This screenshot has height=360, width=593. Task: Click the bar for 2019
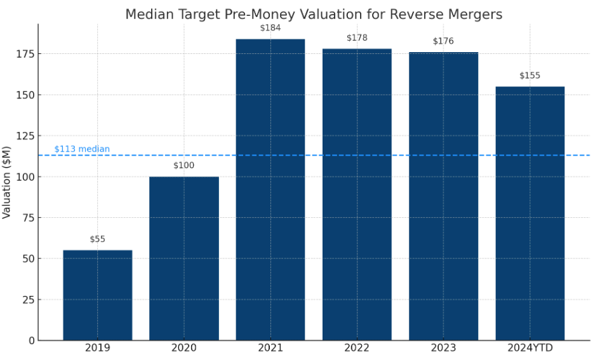97,295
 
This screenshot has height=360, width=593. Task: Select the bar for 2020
184,258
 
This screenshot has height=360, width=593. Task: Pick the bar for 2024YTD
530,213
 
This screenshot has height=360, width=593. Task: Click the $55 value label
97,239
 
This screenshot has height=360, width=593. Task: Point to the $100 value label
184,166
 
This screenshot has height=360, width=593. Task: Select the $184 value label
270,28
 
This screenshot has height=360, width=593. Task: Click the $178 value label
357,38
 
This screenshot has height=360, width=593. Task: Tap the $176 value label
443,41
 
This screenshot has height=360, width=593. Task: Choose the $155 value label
530,76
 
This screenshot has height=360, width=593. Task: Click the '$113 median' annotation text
82,149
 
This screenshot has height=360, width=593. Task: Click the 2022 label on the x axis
357,348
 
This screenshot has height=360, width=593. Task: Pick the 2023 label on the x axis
443,348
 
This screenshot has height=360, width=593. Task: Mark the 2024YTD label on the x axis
530,348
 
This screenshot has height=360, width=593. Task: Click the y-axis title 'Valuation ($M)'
7,181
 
